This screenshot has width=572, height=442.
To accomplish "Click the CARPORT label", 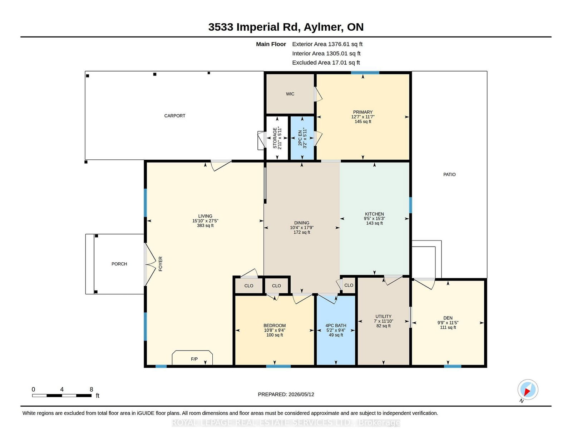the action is (174, 116).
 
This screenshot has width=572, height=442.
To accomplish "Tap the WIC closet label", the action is (290, 94).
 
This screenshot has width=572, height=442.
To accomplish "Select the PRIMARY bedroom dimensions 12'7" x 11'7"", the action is (363, 117).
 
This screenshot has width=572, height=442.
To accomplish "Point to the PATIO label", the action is (449, 174).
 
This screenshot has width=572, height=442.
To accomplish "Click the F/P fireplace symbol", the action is (192, 358).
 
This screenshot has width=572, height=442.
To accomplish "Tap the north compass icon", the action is (528, 390).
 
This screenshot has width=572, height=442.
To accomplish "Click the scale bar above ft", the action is (62, 396).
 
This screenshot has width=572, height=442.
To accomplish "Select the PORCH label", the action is (119, 264).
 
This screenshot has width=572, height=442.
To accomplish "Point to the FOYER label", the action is (160, 264).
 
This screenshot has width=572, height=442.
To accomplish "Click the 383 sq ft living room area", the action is (205, 225).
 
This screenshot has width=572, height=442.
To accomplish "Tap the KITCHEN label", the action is (374, 214).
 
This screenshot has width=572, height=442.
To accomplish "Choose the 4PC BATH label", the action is (336, 326).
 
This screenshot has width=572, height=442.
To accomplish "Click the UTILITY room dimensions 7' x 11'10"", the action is (383, 321).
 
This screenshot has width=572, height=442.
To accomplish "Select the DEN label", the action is (448, 318).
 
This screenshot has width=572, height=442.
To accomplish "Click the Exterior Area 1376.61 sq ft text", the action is (327, 44).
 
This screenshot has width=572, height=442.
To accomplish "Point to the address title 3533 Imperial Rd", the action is (253, 27).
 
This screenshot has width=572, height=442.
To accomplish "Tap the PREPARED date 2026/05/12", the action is (301, 394).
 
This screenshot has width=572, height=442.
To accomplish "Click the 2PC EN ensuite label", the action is (300, 138).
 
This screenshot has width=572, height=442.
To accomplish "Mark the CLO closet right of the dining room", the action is (349, 285).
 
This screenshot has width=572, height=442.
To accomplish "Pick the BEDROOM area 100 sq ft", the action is (275, 335).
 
